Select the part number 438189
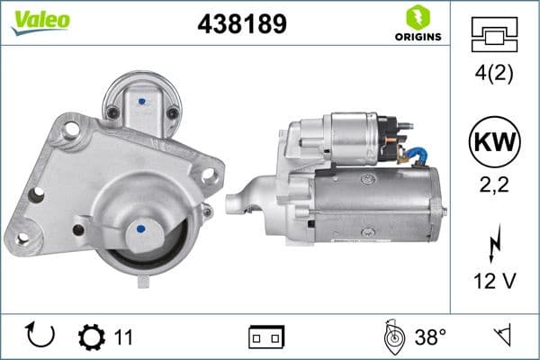[240, 24]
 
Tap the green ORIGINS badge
[417, 24]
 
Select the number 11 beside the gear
[123, 337]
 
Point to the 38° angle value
[430, 337]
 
